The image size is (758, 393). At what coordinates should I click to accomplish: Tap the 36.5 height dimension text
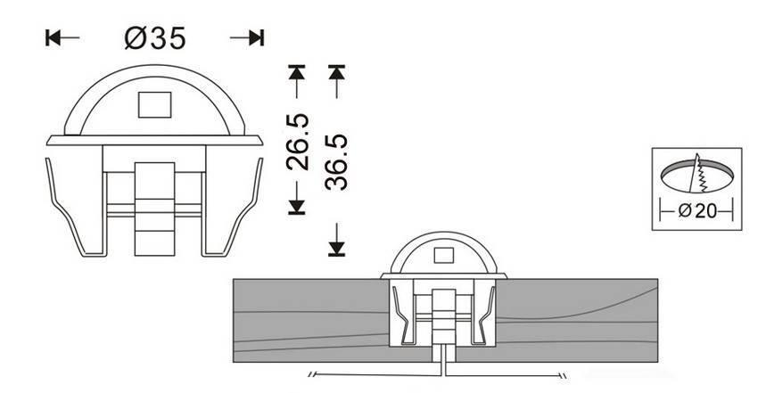[336, 161]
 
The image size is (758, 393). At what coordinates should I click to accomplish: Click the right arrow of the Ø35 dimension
[256, 37]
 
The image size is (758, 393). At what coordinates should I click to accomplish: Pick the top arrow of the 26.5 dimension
[298, 71]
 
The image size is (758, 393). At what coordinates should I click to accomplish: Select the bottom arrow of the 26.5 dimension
[298, 206]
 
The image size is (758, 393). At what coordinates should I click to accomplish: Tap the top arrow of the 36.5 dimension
[336, 71]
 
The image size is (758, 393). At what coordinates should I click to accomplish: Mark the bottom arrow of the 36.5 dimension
[336, 248]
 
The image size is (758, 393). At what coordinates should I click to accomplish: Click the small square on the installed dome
[441, 257]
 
